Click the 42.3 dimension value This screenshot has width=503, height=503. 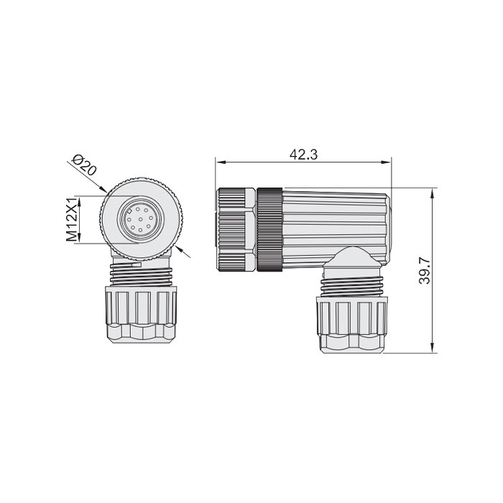[301, 153]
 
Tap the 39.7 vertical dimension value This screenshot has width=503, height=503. [424, 271]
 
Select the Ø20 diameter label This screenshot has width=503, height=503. [85, 167]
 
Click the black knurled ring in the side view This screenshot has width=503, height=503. [270, 229]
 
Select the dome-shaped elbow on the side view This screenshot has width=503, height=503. [351, 262]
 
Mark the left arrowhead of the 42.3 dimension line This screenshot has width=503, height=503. [219, 162]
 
